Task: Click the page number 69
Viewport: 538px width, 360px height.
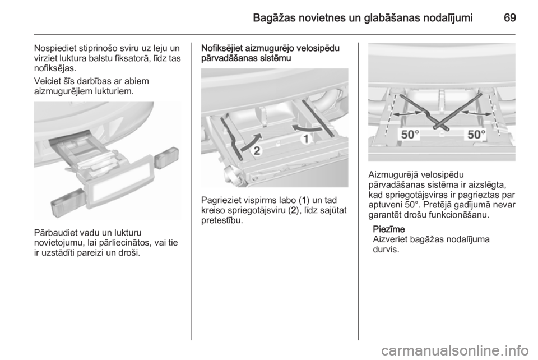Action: (x=510, y=17)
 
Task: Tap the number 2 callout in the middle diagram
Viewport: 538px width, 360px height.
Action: (x=257, y=151)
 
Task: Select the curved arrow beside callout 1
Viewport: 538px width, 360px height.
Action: (x=307, y=128)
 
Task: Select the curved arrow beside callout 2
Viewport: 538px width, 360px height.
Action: (x=251, y=141)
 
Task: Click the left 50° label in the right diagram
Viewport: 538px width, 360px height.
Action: (x=411, y=135)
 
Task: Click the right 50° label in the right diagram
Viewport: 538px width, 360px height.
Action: (x=476, y=135)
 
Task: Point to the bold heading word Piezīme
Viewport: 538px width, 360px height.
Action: (x=389, y=229)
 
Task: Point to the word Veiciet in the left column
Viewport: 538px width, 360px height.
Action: (x=47, y=81)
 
